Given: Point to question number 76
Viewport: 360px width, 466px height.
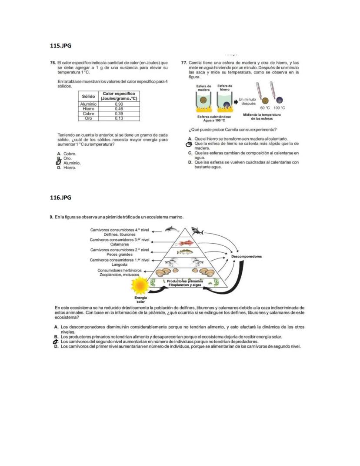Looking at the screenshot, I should pos(53,63).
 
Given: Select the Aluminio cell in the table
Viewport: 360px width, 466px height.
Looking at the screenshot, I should pos(89,104).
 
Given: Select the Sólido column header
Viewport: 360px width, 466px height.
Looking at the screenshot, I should pos(89,96).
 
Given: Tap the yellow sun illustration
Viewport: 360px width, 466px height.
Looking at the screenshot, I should pos(140,286).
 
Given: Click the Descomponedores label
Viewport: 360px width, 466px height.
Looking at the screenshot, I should pos(247,256).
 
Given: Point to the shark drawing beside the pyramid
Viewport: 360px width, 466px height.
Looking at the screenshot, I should pos(197,231).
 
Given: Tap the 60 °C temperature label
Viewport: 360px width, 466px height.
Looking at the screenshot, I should pos(265,107).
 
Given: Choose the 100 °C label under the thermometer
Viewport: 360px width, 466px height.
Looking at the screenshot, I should pos(279,107).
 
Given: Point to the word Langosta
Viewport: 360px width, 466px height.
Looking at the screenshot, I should pos(120,264).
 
